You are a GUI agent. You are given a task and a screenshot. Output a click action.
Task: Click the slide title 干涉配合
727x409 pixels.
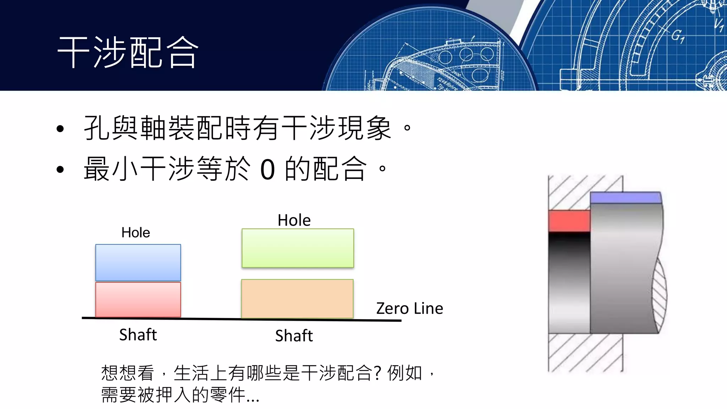(x=128, y=52)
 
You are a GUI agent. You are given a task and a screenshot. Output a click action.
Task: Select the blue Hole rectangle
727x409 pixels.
(x=138, y=262)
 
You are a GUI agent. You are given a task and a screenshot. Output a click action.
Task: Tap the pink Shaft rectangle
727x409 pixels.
(x=138, y=300)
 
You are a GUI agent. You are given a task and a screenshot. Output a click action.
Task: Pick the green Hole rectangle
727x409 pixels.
(x=297, y=248)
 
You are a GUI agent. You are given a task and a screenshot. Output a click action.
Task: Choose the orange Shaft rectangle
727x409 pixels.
(x=297, y=299)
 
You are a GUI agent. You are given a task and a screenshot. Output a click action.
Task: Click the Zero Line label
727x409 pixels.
(x=409, y=308)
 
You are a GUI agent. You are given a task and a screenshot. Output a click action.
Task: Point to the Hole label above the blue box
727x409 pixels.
(x=136, y=233)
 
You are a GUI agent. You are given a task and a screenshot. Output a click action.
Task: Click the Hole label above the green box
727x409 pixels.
(x=294, y=220)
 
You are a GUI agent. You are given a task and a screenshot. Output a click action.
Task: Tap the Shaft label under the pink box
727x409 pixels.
(x=138, y=334)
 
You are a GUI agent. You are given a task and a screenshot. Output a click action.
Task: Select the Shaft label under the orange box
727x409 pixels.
(x=294, y=336)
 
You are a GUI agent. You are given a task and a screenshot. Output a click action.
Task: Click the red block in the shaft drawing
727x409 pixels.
(x=569, y=220)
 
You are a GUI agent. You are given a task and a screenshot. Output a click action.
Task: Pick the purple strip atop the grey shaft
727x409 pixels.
(x=625, y=197)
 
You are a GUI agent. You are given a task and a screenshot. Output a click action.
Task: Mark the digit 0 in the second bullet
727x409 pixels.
(x=268, y=169)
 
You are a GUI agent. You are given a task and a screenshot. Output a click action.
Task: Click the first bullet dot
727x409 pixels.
(x=60, y=129)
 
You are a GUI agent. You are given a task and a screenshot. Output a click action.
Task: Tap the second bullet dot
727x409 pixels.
(x=60, y=170)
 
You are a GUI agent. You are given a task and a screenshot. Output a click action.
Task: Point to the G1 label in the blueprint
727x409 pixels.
(x=677, y=36)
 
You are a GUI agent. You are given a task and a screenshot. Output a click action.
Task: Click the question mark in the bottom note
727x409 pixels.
(x=377, y=373)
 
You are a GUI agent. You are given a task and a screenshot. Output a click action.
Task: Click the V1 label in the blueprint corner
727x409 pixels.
(x=719, y=25)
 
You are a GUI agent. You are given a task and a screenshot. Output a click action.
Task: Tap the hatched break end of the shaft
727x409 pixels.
(x=660, y=296)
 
